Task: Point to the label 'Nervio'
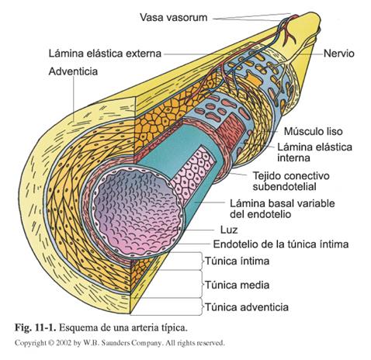338,55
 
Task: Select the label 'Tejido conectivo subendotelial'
296,181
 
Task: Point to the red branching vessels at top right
291,31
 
